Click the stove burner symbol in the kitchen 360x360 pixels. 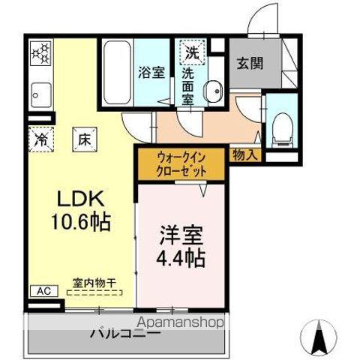click(x=40, y=54)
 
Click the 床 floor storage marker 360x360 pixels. click(x=79, y=139)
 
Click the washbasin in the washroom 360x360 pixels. click(x=214, y=90)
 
